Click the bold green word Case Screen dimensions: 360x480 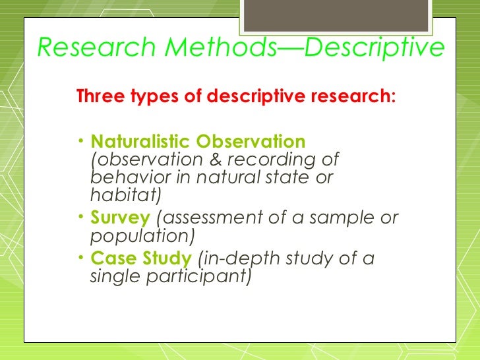[111, 258]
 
